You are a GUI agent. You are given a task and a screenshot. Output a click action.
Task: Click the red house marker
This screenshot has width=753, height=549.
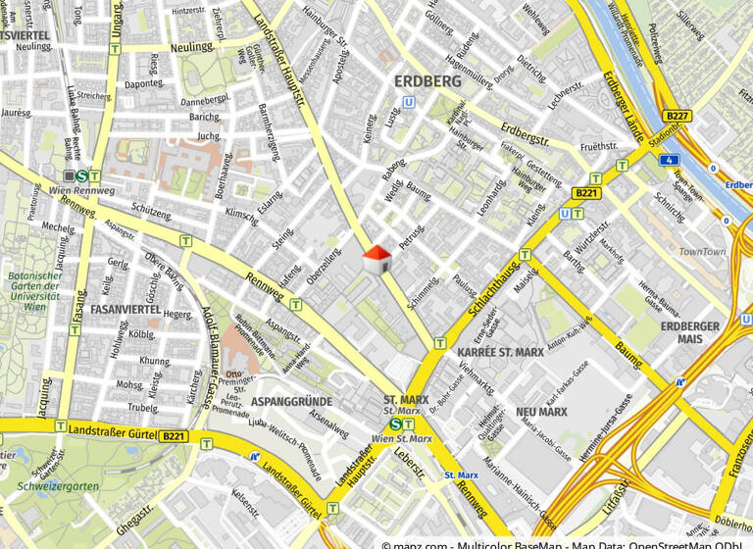pos(377,260)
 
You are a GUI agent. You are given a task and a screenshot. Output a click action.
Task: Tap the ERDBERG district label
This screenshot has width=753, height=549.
pos(427,81)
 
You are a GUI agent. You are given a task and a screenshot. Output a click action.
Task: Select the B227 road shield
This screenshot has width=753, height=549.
pos(678,116)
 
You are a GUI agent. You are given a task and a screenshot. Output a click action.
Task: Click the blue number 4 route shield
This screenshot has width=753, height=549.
pos(669,159)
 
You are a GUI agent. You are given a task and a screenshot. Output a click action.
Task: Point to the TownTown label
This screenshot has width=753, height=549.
pos(702,252)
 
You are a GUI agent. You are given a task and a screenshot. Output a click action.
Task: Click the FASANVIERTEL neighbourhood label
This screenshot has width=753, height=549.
pos(125,309)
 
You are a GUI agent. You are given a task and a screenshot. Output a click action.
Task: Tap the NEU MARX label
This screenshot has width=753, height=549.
pos(542,412)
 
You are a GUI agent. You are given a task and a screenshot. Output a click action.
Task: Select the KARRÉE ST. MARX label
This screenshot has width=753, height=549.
pos(501,351)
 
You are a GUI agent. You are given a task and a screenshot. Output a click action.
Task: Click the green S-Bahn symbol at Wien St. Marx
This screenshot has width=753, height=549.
pos(394,424)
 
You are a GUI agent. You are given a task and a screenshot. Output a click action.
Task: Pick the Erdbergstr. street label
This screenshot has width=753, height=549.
pos(522,132)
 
